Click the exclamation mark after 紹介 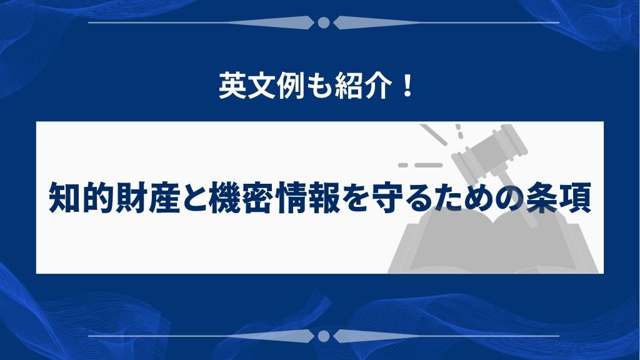pyautogui.click(x=406, y=85)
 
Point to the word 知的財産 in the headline pyautogui.click(x=114, y=198)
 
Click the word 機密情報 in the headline pyautogui.click(x=275, y=198)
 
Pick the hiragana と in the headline pyautogui.click(x=195, y=198)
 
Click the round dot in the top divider pyautogui.click(x=324, y=22)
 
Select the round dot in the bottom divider pyautogui.click(x=324, y=336)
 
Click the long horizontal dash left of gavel pyautogui.click(x=429, y=165)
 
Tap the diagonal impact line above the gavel pyautogui.click(x=434, y=134)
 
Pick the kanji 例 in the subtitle pyautogui.click(x=291, y=86)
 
